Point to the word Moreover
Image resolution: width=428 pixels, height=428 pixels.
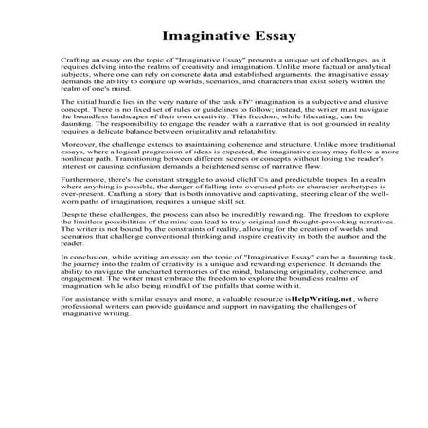point(79,171)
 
